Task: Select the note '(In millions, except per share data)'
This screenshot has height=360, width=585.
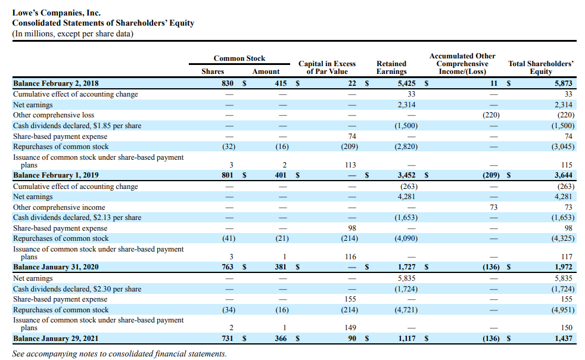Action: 73,33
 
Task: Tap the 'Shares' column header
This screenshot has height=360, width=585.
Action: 213,72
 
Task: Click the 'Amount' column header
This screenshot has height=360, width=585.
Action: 266,72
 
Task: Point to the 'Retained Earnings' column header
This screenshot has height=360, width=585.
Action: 391,67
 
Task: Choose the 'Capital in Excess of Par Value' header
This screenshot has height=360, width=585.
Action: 326,67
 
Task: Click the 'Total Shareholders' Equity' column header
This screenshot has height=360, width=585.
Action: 540,67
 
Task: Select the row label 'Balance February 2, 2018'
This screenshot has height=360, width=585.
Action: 56,83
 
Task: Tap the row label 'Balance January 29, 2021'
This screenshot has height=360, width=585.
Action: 55,339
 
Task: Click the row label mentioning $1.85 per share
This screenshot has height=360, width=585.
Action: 77,126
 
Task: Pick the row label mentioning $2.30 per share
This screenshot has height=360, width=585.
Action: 77,288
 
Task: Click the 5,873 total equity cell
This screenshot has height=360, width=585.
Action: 563,83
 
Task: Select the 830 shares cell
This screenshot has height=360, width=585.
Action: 227,83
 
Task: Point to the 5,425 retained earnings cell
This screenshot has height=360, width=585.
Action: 407,83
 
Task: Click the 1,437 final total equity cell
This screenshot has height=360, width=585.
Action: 563,339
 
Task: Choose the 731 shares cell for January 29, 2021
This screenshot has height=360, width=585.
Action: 227,339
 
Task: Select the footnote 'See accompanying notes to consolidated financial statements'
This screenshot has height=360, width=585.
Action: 119,353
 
